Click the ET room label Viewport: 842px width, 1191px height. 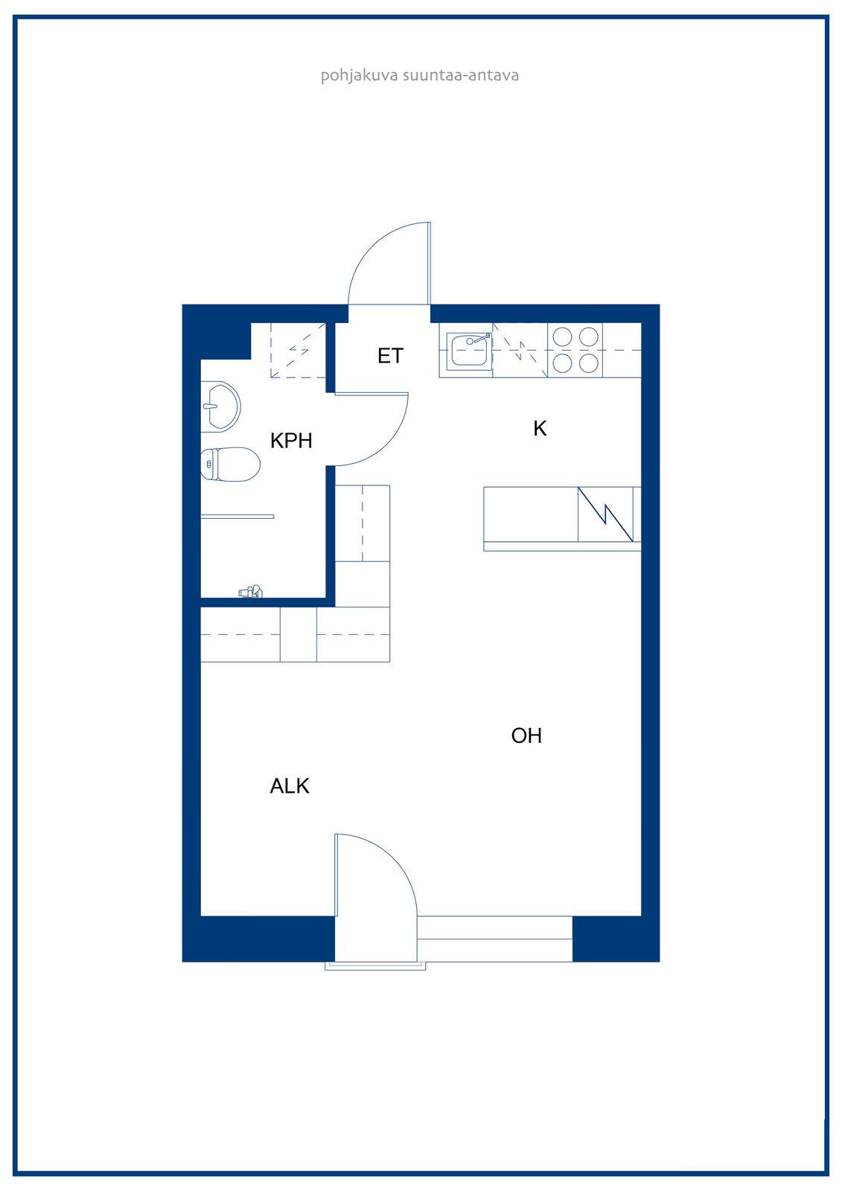point(390,356)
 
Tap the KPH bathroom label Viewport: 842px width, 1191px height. point(291,441)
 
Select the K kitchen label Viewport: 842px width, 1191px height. point(540,429)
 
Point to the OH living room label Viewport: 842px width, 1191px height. point(526,736)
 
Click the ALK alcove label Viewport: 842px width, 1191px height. point(290,786)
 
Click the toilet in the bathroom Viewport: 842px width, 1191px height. point(230,464)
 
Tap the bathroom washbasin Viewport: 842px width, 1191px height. point(220,406)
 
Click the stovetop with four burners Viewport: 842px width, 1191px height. point(575,351)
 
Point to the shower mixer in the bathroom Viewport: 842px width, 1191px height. point(251,591)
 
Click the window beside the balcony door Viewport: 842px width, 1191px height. point(494,939)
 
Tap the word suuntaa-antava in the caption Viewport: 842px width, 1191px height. point(461,75)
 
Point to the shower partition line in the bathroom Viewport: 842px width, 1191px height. point(237,517)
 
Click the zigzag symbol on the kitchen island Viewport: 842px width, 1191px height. point(605,514)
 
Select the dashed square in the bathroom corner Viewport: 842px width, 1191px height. point(297,351)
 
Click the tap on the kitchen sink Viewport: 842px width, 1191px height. point(478,339)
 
